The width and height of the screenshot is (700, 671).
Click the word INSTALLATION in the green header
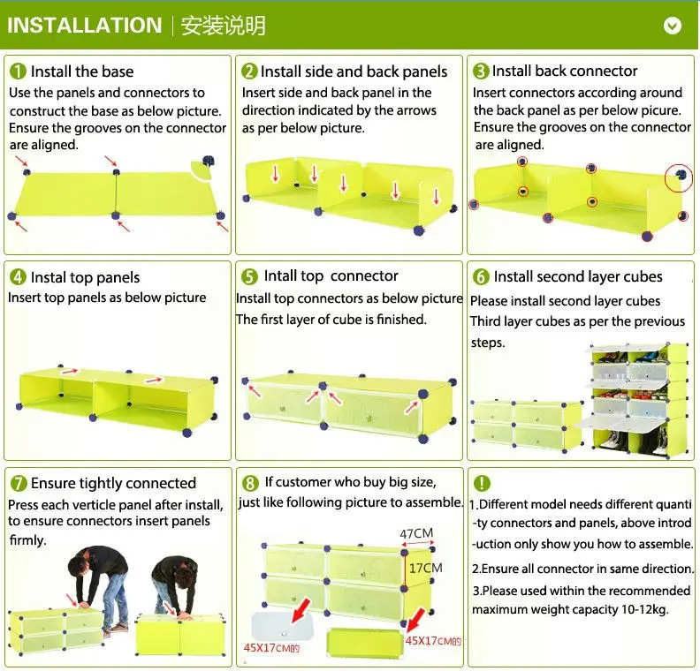tap(84, 25)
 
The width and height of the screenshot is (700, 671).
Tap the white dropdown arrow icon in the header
tap(673, 26)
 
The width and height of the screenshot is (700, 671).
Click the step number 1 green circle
tap(18, 72)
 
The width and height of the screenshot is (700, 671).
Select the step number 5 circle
tap(249, 277)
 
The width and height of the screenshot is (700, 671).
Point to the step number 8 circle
tap(250, 483)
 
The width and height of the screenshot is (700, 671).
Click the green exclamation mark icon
tap(482, 483)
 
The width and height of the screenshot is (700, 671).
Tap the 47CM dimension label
tap(416, 533)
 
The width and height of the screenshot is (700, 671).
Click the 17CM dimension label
tap(425, 568)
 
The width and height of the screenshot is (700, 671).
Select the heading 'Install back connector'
tap(564, 71)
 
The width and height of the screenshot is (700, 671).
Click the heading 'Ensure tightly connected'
tap(113, 483)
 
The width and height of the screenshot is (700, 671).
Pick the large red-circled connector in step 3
tap(679, 177)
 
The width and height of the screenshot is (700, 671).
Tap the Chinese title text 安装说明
tap(224, 26)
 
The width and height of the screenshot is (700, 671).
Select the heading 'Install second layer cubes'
tap(578, 277)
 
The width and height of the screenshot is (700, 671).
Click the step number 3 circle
tap(481, 72)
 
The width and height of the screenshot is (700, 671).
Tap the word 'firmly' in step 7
tap(27, 540)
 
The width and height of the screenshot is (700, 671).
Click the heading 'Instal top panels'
tap(85, 277)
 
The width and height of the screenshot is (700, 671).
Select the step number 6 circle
tap(481, 277)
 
